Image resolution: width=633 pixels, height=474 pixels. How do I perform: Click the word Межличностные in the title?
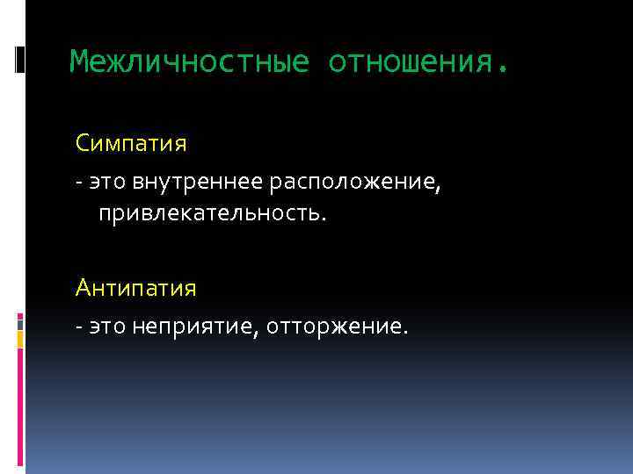pos(190,62)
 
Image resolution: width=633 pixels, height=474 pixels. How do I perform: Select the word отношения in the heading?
pos(410,62)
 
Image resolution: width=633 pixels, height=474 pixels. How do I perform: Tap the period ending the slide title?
pos(502,68)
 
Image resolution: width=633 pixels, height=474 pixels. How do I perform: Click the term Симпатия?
pos(132,141)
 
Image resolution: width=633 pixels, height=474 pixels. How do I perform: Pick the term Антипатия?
pos(136,288)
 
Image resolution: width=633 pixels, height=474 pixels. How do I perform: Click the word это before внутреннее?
pos(107,182)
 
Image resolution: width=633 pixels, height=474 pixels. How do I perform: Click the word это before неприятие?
pos(107,327)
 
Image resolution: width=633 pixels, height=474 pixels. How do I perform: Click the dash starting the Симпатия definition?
pos(79,182)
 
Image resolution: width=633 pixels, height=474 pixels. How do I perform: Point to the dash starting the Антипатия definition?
pos(79,327)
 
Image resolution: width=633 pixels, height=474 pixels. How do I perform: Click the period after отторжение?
pos(405,333)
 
